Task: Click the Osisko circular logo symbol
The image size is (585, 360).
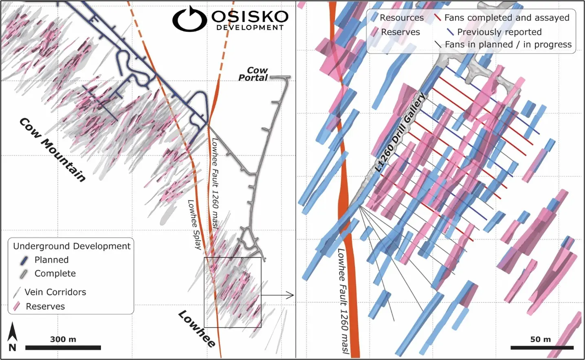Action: pyautogui.click(x=189, y=19)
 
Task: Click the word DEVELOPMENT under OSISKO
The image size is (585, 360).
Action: pyautogui.click(x=250, y=28)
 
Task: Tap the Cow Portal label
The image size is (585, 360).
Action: pyautogui.click(x=253, y=74)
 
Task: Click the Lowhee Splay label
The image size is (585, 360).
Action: pyautogui.click(x=195, y=224)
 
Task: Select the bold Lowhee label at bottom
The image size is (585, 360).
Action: pyautogui.click(x=197, y=328)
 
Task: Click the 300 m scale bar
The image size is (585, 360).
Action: pyautogui.click(x=63, y=347)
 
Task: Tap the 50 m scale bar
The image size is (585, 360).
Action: pyautogui.click(x=541, y=347)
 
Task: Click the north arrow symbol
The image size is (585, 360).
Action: pyautogui.click(x=13, y=336)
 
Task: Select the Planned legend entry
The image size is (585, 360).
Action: pyautogui.click(x=51, y=260)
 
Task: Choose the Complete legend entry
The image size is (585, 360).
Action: pyautogui.click(x=55, y=274)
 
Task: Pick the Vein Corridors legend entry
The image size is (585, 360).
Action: pyautogui.click(x=55, y=292)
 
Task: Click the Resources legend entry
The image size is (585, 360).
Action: pyautogui.click(x=401, y=18)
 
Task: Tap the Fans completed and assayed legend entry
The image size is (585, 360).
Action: pyautogui.click(x=506, y=18)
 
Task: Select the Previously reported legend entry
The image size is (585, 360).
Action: pyautogui.click(x=499, y=32)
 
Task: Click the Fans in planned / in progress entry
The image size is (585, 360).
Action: pyautogui.click(x=508, y=44)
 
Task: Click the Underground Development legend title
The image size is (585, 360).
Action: pyautogui.click(x=72, y=246)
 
